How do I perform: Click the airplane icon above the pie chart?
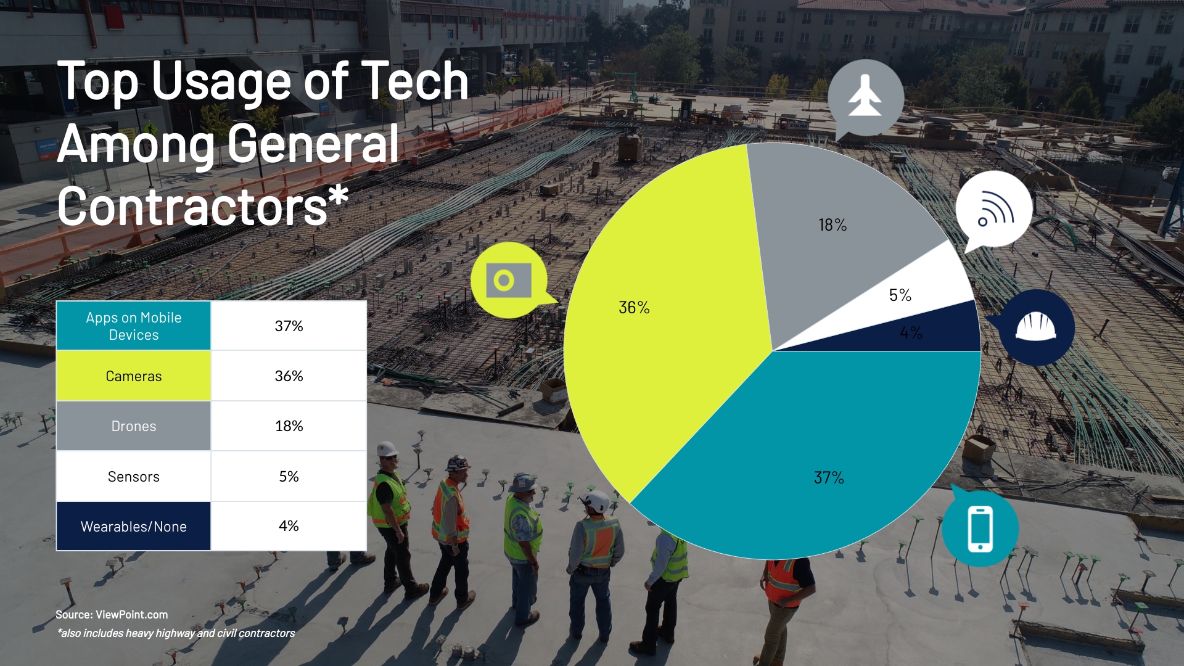[865, 96]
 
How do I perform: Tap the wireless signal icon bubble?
[993, 210]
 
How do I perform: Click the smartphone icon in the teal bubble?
[980, 528]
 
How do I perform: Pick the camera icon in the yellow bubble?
[508, 281]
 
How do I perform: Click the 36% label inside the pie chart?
[634, 307]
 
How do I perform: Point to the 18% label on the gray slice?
[832, 225]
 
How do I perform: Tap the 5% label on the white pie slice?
[900, 295]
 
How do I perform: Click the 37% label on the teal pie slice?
[829, 477]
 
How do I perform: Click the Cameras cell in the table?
[134, 376]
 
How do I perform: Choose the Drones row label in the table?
[134, 426]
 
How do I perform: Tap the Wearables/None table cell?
[134, 526]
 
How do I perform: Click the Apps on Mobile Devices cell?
[134, 326]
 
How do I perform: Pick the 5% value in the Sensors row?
[289, 476]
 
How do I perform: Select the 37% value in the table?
[289, 326]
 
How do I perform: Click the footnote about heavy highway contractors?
[176, 633]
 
